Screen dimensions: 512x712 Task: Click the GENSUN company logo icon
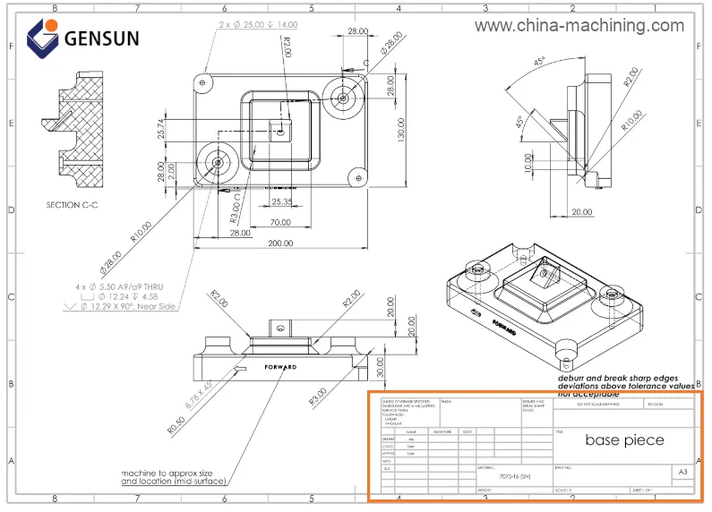[x=41, y=38]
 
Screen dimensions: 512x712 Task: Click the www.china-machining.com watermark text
[x=579, y=26]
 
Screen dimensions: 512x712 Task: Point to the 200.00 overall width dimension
[x=280, y=244]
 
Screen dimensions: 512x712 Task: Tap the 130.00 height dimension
[x=401, y=128]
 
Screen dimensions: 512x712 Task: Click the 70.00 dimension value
[x=280, y=221]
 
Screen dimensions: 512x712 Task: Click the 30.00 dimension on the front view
[x=379, y=366]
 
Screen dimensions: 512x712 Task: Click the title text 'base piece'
[x=624, y=439]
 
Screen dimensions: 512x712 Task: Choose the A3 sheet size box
[x=682, y=472]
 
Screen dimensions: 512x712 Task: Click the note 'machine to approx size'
[x=167, y=473]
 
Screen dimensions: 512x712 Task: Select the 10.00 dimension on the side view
[x=528, y=162]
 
